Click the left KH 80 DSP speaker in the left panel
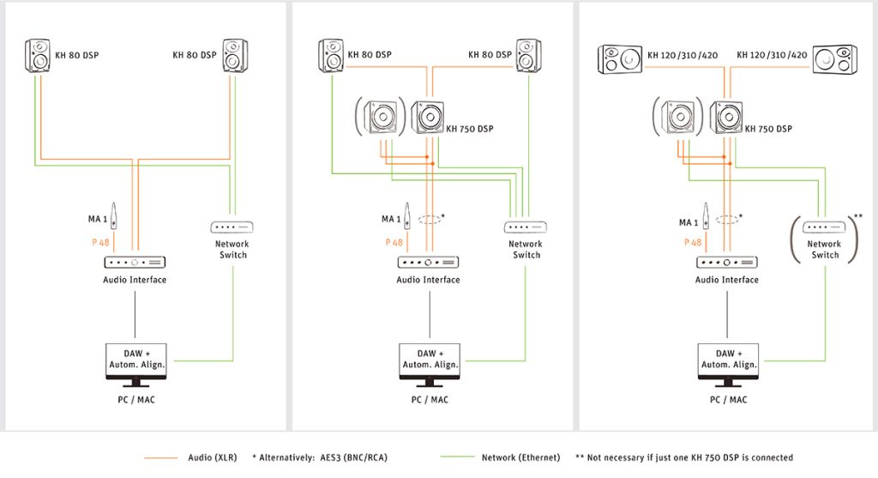coord(38,56)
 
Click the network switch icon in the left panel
coord(232,227)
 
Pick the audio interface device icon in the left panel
coord(135,262)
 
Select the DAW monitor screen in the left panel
coord(135,359)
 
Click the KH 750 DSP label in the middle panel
coord(470,130)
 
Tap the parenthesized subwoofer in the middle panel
coord(380,118)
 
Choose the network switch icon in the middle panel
coord(526,227)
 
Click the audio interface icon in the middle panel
coord(428,262)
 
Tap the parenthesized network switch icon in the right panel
coord(824,227)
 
